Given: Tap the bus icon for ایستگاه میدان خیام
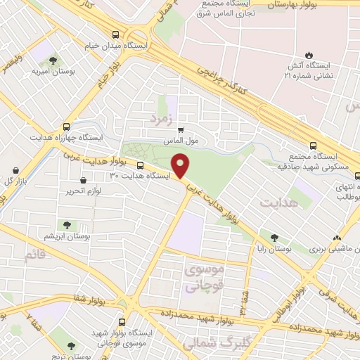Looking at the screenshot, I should pyautogui.click(x=116, y=34).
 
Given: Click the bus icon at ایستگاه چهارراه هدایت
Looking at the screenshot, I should pyautogui.click(x=66, y=127).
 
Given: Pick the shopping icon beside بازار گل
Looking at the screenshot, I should pyautogui.click(x=17, y=169).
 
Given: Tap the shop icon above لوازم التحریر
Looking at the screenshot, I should pyautogui.click(x=84, y=180).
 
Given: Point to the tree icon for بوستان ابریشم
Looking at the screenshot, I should pyautogui.click(x=67, y=225).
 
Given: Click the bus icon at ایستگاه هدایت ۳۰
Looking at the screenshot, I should pyautogui.click(x=140, y=166).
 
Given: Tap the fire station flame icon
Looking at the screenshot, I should pyautogui.click(x=308, y=55).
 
